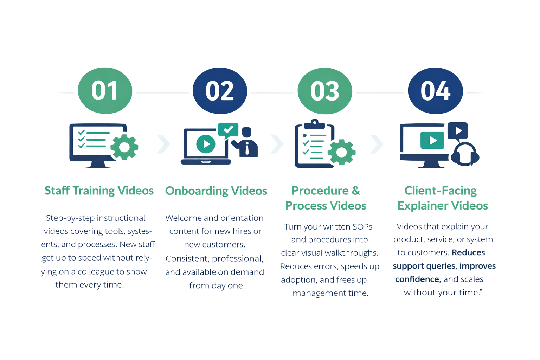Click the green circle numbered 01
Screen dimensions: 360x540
105,91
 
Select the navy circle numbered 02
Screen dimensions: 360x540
220,91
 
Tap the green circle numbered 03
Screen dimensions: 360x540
324,91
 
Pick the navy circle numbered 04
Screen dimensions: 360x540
435,91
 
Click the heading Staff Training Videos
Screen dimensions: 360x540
99,191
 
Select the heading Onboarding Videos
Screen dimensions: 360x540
216,191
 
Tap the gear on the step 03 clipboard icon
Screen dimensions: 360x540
340,152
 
